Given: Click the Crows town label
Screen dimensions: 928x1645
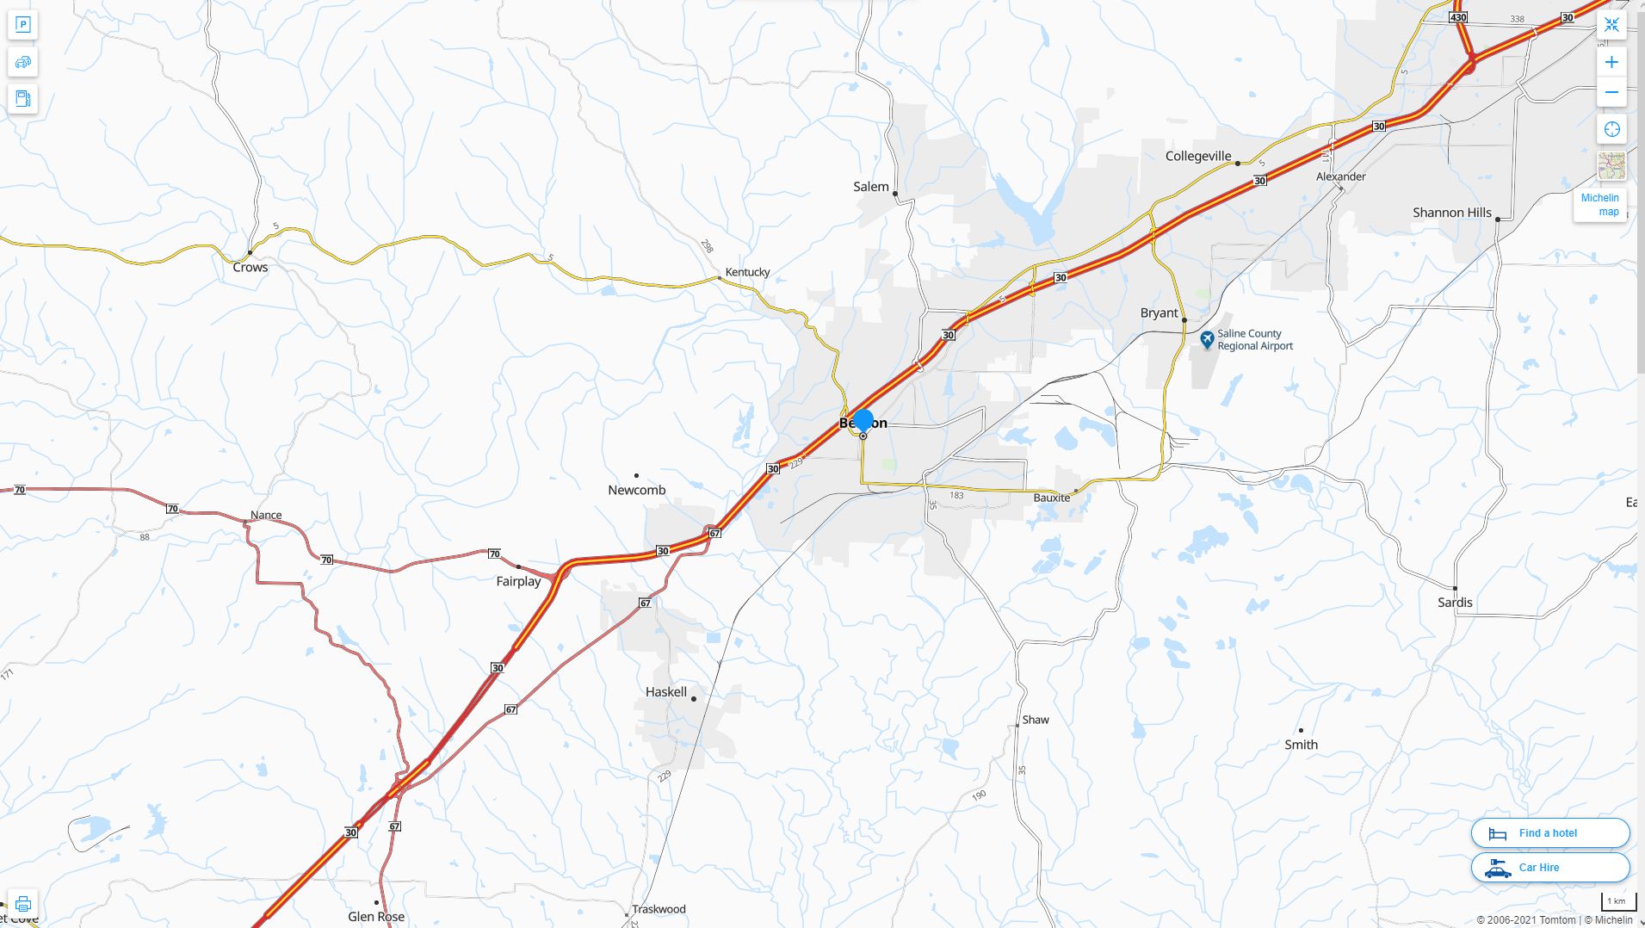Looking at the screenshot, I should (250, 268).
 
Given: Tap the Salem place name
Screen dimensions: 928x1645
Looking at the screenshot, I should (870, 187).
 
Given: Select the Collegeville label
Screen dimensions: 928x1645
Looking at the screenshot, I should (1197, 156).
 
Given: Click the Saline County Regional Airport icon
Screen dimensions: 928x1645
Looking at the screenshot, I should (1207, 339).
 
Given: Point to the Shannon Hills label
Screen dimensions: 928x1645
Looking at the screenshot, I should (1451, 213).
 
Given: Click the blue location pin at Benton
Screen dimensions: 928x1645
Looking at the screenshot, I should (863, 420).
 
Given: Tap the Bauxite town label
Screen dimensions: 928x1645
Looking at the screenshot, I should (1051, 498).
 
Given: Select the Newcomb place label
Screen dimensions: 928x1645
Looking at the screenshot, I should (636, 490).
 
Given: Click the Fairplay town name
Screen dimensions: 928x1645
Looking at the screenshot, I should (518, 581).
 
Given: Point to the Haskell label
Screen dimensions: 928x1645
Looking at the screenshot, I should (666, 692).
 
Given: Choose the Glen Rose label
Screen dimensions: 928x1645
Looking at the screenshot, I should (376, 916).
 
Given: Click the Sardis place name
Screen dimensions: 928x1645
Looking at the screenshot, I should (1454, 603).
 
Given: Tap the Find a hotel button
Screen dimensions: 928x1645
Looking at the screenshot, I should (1549, 832).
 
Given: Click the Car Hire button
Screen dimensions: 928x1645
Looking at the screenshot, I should (1549, 867).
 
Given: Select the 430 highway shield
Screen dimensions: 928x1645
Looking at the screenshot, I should (1457, 17).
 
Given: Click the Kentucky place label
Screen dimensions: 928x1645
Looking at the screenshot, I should (747, 272).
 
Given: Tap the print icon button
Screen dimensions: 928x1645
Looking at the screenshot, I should (23, 904).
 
